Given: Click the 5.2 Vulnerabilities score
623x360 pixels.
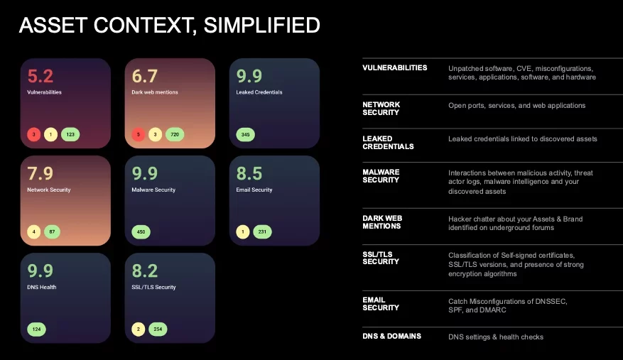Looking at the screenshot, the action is coord(40,76).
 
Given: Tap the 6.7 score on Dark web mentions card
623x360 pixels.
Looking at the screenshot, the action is coord(145,76).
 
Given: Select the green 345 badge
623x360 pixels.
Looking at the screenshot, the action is coord(246,135).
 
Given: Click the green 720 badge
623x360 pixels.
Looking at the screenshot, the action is coord(175,135).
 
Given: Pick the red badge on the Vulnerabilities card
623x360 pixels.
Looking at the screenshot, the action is coord(34,135).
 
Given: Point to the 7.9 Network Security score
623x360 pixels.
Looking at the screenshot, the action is coord(40,173).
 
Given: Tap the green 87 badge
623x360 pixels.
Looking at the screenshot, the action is coord(52,231).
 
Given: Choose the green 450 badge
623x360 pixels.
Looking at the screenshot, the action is coord(141,231).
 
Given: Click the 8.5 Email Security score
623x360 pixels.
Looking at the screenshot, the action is coord(249,173).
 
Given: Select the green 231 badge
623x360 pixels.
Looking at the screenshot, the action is coord(262,231).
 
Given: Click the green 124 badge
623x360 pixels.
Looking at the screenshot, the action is coord(36,329).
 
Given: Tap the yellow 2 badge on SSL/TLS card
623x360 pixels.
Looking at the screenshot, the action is coord(139,329).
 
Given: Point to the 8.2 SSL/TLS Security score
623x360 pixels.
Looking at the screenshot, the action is coord(145,271).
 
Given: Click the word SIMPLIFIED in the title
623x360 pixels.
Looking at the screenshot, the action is coord(262,25).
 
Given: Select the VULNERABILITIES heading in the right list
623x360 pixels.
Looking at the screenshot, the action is coord(394,68).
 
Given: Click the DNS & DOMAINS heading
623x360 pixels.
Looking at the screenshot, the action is coord(391,336).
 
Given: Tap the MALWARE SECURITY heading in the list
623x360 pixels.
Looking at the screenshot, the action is coord(381,176).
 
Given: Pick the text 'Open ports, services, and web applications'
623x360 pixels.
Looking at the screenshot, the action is coord(517,106).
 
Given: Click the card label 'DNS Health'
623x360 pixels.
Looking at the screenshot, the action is coord(42,288).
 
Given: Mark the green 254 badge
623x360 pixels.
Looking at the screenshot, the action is coord(158,329).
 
